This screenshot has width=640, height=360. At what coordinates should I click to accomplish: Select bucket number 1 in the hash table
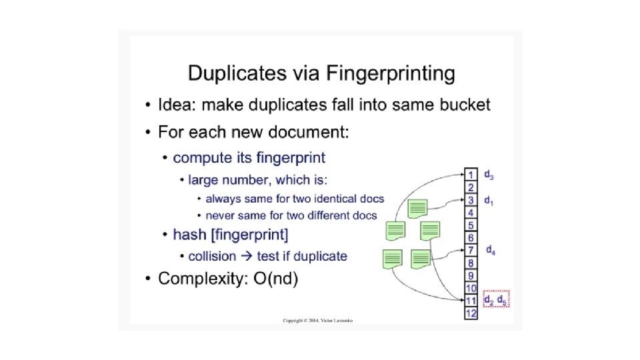tap(471, 175)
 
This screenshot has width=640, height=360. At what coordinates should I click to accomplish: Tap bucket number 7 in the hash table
tap(471, 250)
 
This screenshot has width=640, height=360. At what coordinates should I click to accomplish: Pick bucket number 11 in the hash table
tap(471, 301)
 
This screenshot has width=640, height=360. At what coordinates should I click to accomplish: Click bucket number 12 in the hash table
tap(471, 313)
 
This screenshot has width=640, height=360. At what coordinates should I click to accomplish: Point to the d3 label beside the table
tap(489, 175)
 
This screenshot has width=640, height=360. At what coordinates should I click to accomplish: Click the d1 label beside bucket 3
tap(489, 200)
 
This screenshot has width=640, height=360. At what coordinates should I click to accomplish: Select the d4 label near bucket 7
tap(490, 250)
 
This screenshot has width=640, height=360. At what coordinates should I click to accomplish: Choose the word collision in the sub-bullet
tap(212, 256)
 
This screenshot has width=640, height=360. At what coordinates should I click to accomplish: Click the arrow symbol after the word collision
tap(245, 256)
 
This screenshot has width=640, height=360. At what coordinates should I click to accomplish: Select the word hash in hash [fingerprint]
tap(187, 235)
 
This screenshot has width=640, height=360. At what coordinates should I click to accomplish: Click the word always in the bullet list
tap(223, 199)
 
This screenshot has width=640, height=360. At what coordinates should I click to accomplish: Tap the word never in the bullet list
tap(220, 215)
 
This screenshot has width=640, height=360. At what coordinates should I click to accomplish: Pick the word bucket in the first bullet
tap(463, 105)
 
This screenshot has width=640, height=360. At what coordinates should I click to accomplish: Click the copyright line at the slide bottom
tap(318, 321)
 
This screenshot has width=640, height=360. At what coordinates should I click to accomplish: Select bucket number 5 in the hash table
tap(471, 225)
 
